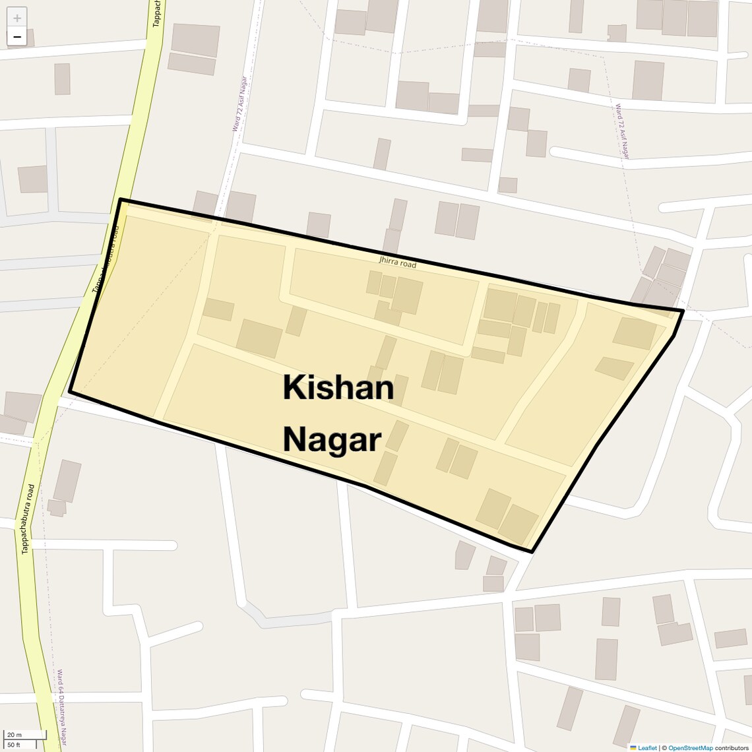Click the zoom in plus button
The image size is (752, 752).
coord(17,18)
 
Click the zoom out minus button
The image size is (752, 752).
coord(17,37)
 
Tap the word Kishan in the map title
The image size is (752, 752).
coord(338,388)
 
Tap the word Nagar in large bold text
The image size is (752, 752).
coord(332,439)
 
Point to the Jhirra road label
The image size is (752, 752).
coord(398,263)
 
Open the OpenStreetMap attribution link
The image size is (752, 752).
coord(690,747)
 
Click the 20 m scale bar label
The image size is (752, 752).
coord(15,735)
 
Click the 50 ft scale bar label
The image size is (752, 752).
coord(15,745)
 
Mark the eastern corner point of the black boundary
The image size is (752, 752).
coord(683,310)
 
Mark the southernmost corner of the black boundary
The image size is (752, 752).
coord(532,551)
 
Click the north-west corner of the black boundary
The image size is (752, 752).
coord(120,199)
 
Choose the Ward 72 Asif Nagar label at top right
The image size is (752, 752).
coord(622,131)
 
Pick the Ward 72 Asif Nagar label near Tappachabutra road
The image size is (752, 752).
coord(239,104)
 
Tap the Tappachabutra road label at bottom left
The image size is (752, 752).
coord(27,518)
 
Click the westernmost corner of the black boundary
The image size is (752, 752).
coord(69,392)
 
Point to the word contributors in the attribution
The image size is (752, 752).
coord(732,747)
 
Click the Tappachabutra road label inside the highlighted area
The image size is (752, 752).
coord(106,260)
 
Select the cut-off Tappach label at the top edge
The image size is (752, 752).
coord(156,13)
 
